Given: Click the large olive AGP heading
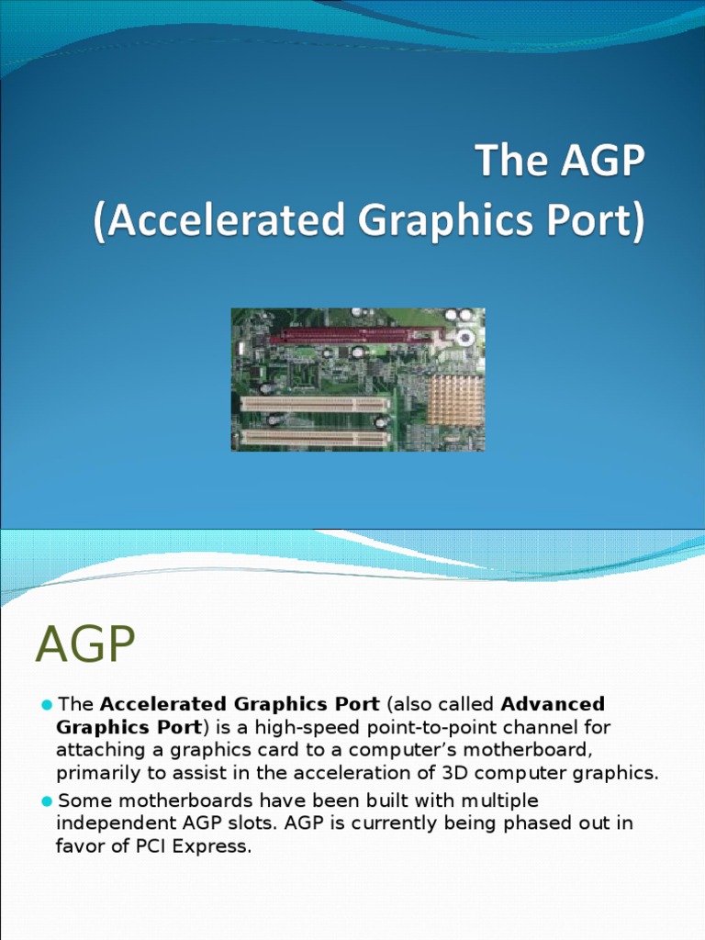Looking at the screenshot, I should (85, 644).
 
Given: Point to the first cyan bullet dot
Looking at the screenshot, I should (47, 704).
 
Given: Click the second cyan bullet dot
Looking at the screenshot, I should (47, 800).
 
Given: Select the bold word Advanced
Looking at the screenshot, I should (553, 704).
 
